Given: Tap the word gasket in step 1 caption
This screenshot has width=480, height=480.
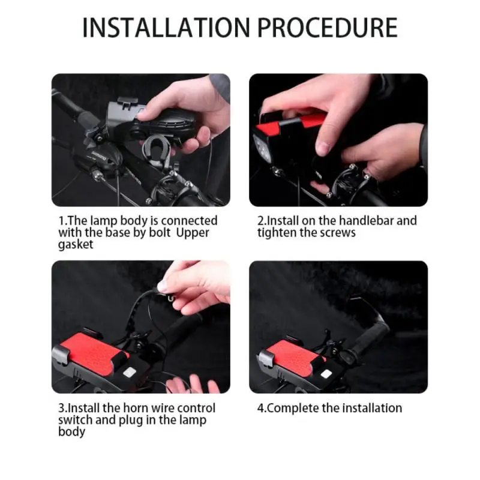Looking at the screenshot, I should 76,245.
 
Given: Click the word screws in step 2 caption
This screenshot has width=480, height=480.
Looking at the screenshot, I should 338,232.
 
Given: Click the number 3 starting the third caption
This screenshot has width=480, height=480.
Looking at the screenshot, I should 61,408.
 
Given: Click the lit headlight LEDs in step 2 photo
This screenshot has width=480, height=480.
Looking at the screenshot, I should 263,146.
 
